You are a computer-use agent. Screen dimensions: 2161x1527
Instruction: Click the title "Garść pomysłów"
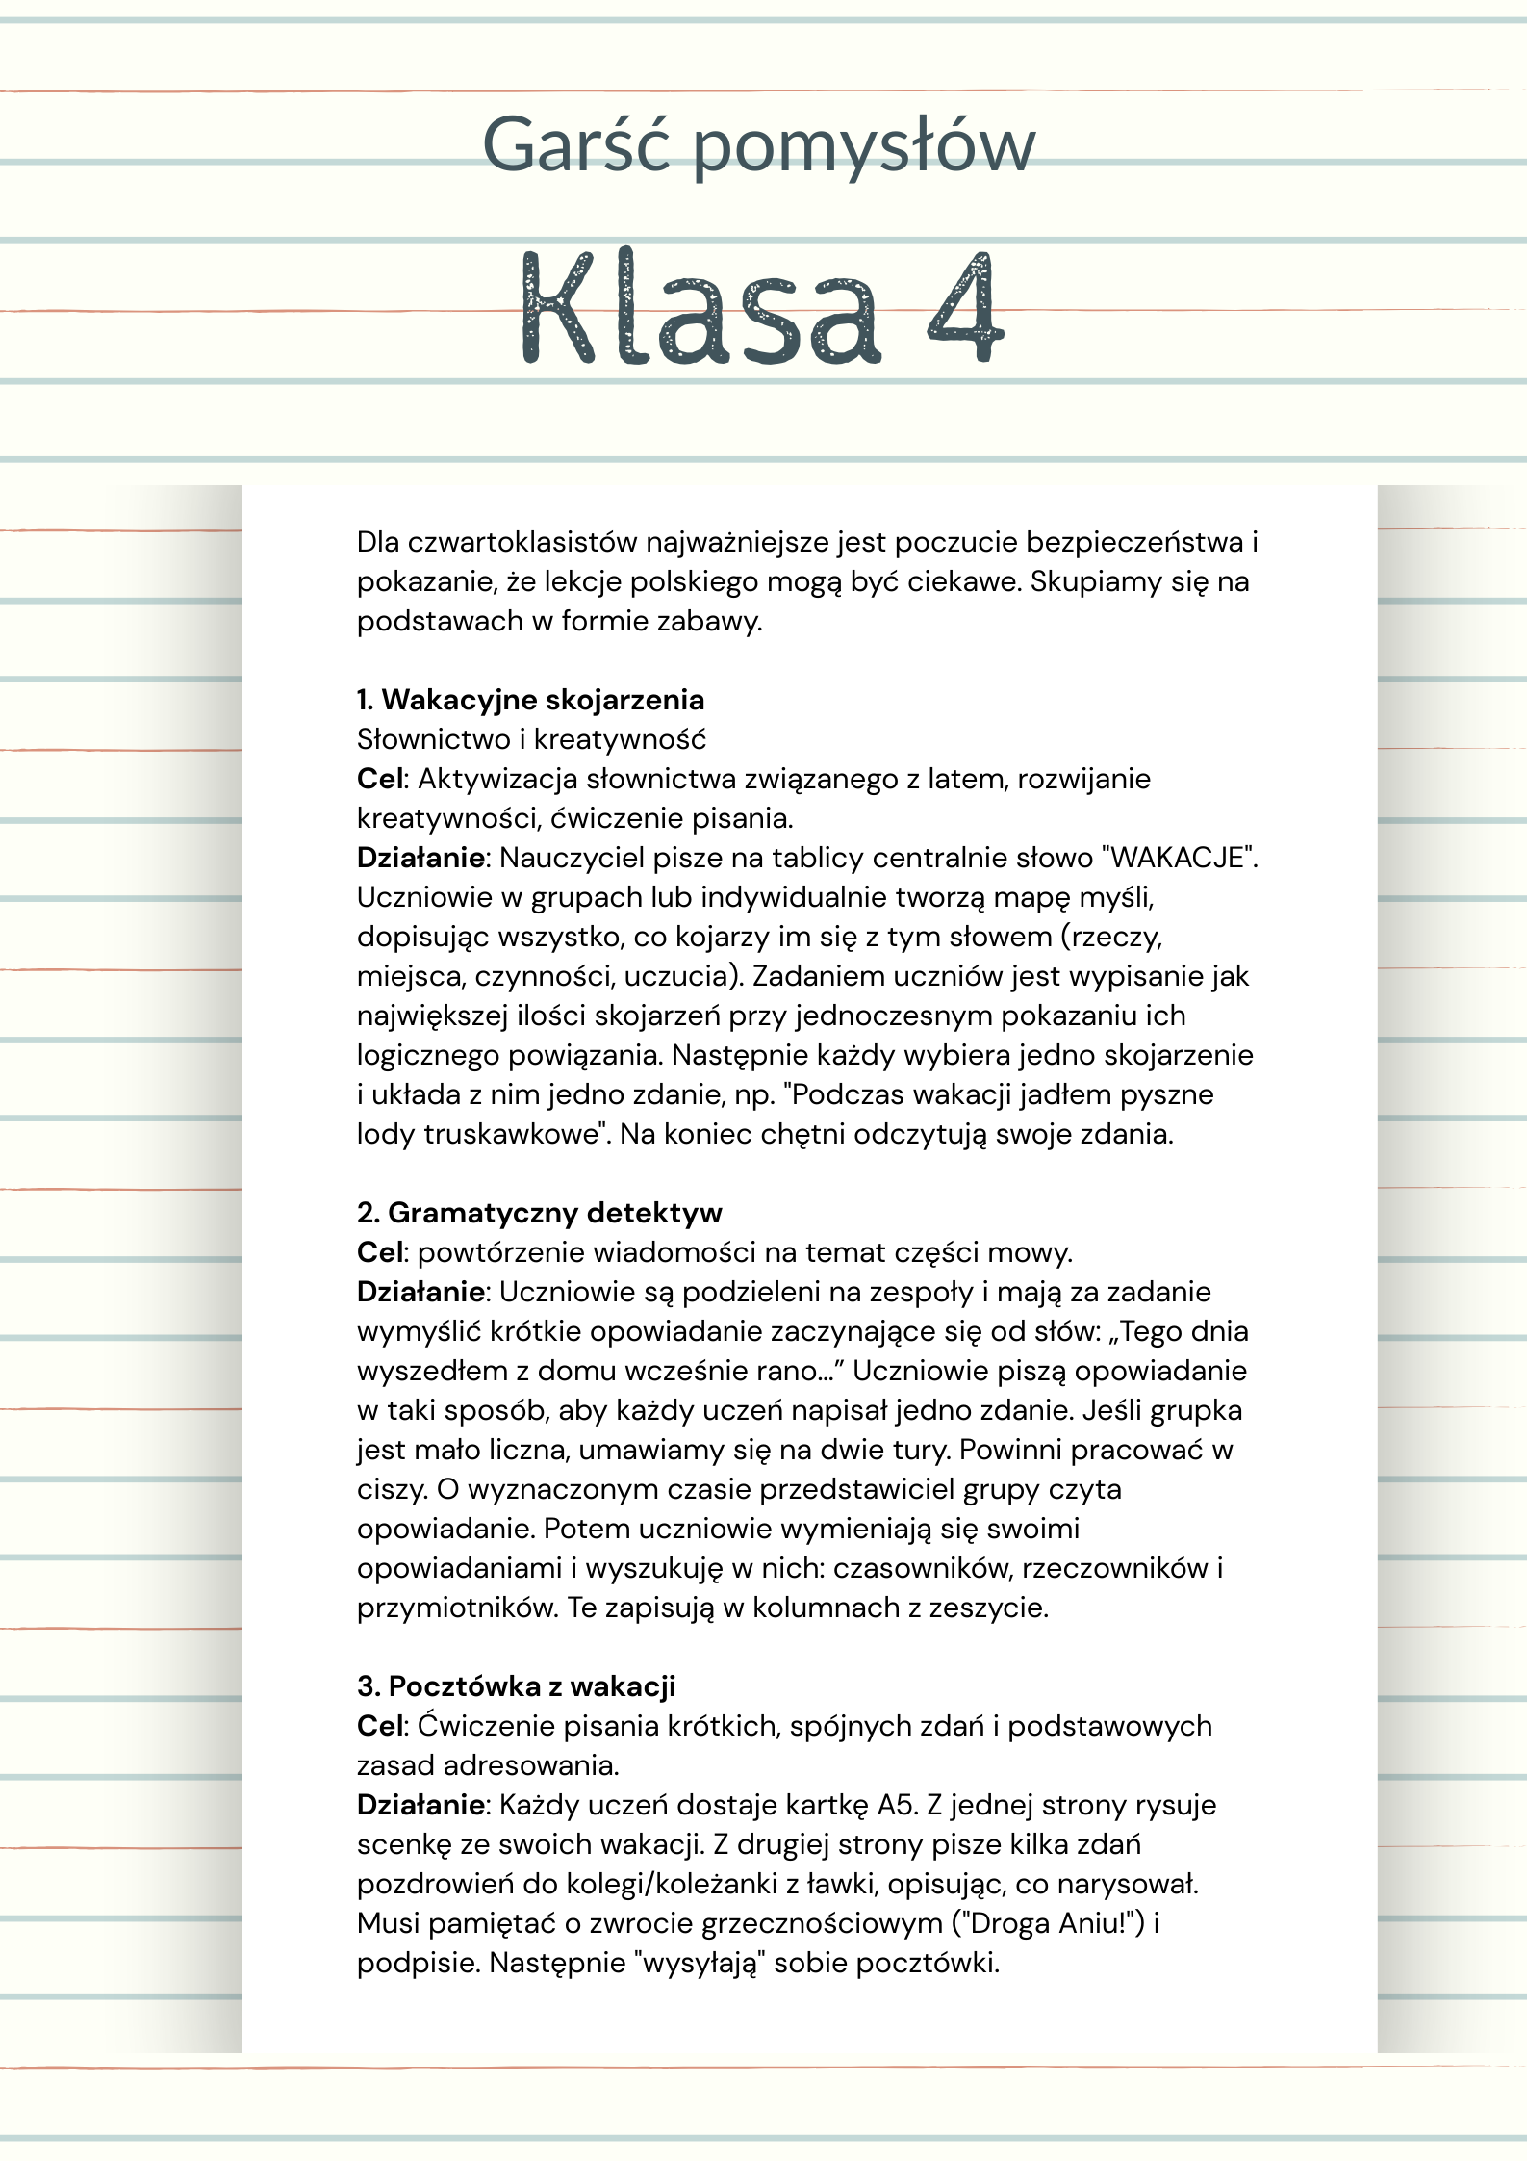[x=758, y=145]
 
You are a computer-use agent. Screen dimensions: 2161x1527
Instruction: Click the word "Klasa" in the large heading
[x=700, y=308]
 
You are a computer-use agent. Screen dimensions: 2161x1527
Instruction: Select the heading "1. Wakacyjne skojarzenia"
[x=530, y=700]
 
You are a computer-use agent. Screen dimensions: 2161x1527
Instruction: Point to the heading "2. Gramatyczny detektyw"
[x=539, y=1213]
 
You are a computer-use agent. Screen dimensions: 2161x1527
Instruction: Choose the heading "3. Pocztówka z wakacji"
[x=516, y=1686]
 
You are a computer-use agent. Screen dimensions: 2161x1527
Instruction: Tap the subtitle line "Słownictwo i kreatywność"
[x=531, y=739]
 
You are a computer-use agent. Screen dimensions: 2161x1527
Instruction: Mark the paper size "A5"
[x=896, y=1805]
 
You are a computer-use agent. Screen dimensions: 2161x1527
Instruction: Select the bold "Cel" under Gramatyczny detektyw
[x=380, y=1252]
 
